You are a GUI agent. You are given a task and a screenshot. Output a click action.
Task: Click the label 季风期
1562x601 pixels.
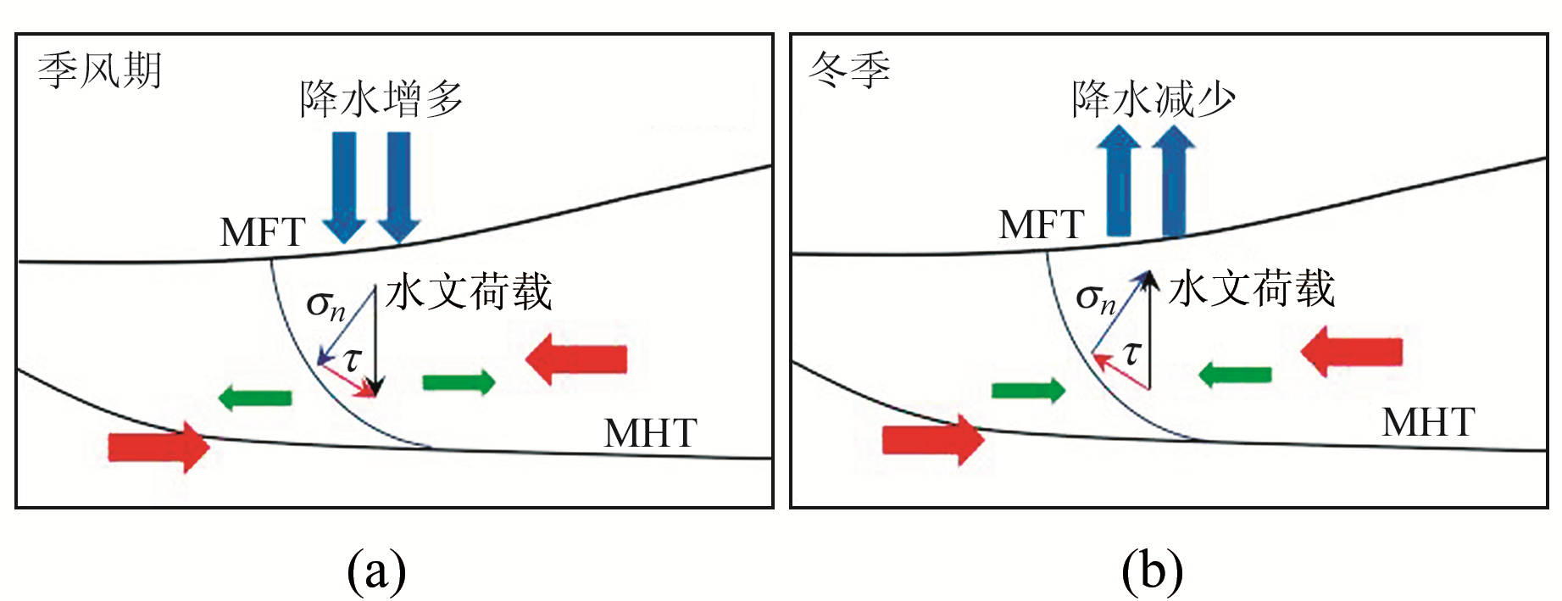(x=99, y=70)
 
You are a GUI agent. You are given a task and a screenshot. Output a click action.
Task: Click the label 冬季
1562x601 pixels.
(x=849, y=70)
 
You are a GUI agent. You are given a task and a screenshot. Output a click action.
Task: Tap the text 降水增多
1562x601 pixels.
(x=381, y=99)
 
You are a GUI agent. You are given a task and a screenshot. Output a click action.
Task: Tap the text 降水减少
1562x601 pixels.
(x=1153, y=99)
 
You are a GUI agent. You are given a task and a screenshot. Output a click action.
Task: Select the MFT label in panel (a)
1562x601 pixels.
(x=263, y=232)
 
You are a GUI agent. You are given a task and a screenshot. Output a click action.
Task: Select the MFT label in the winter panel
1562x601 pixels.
(x=1042, y=225)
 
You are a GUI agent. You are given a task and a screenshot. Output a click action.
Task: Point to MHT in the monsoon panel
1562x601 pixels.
(x=650, y=433)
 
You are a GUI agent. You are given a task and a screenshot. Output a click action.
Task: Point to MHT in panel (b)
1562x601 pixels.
(x=1429, y=422)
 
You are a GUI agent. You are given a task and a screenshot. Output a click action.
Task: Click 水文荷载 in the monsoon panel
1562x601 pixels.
(x=469, y=292)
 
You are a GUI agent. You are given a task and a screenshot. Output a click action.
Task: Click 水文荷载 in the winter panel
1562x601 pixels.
(x=1252, y=289)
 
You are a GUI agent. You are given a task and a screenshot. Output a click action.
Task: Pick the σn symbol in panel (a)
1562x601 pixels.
(x=325, y=304)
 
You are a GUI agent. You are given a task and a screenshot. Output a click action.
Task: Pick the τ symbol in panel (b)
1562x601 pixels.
(x=1131, y=352)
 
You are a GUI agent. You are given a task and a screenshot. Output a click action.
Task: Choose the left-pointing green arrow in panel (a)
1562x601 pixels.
(x=255, y=397)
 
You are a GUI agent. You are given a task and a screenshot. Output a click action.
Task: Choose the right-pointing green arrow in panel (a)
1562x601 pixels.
(x=459, y=382)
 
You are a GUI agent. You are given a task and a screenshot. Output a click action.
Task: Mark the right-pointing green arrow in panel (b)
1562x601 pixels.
(x=1028, y=390)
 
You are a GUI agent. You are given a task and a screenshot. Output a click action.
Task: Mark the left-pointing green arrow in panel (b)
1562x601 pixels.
(x=1235, y=373)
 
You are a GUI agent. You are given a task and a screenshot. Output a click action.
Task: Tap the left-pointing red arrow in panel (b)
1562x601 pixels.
(x=1352, y=352)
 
